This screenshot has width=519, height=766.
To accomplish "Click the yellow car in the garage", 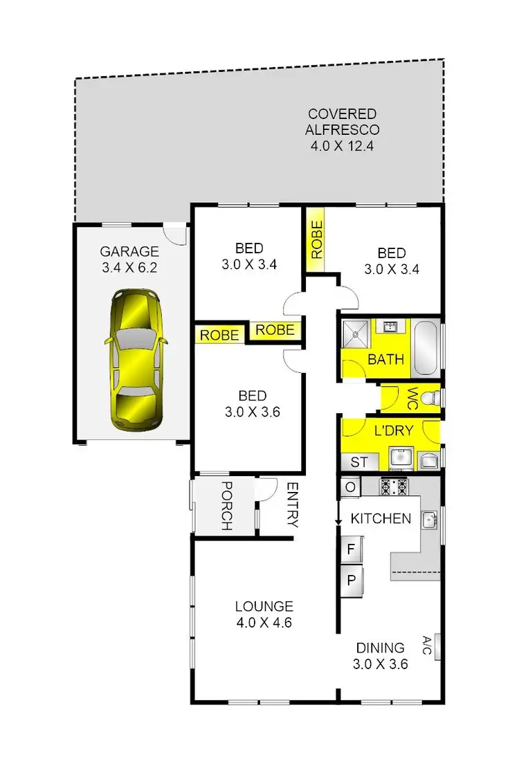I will (135, 360).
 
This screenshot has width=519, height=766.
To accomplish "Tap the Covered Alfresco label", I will (343, 129).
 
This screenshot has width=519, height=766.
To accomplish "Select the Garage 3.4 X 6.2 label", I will (129, 258).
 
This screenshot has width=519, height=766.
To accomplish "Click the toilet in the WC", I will (430, 399).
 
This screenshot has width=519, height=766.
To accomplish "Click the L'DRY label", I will (393, 430).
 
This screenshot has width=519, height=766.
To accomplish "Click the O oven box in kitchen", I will (349, 487).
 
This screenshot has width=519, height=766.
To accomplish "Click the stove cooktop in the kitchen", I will (394, 486).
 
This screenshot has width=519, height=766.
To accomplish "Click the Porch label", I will (225, 506).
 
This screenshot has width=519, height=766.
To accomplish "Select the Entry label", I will (291, 505).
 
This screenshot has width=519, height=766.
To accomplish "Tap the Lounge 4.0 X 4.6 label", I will (264, 614).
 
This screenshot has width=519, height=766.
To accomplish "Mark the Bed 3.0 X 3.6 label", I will (253, 404).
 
